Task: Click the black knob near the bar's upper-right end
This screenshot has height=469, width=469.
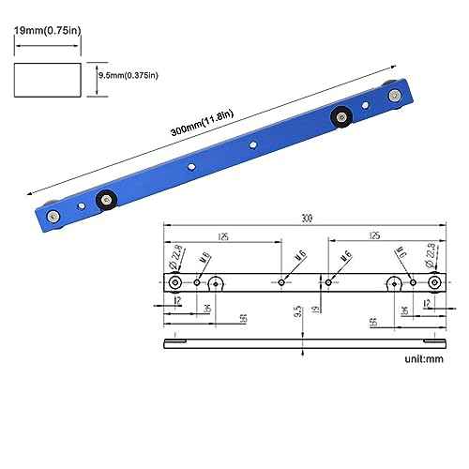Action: pos(341,117)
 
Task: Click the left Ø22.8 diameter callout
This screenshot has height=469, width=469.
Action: pos(176,254)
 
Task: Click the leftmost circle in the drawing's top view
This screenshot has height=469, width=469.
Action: pos(175,283)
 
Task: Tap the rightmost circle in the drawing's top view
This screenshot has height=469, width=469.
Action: pos(434,283)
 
